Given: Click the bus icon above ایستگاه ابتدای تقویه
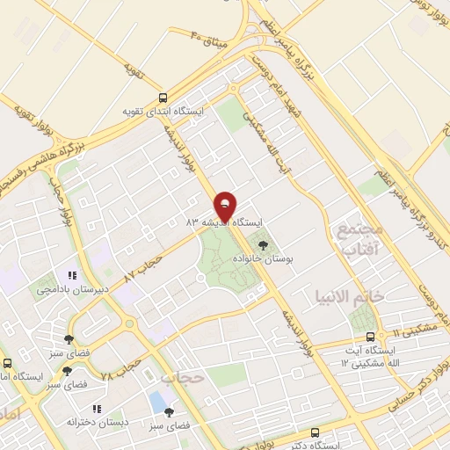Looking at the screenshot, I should pyautogui.click(x=163, y=98).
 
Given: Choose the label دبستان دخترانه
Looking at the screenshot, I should pyautogui.click(x=98, y=422).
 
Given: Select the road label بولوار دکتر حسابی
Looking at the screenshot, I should pyautogui.click(x=413, y=388).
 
